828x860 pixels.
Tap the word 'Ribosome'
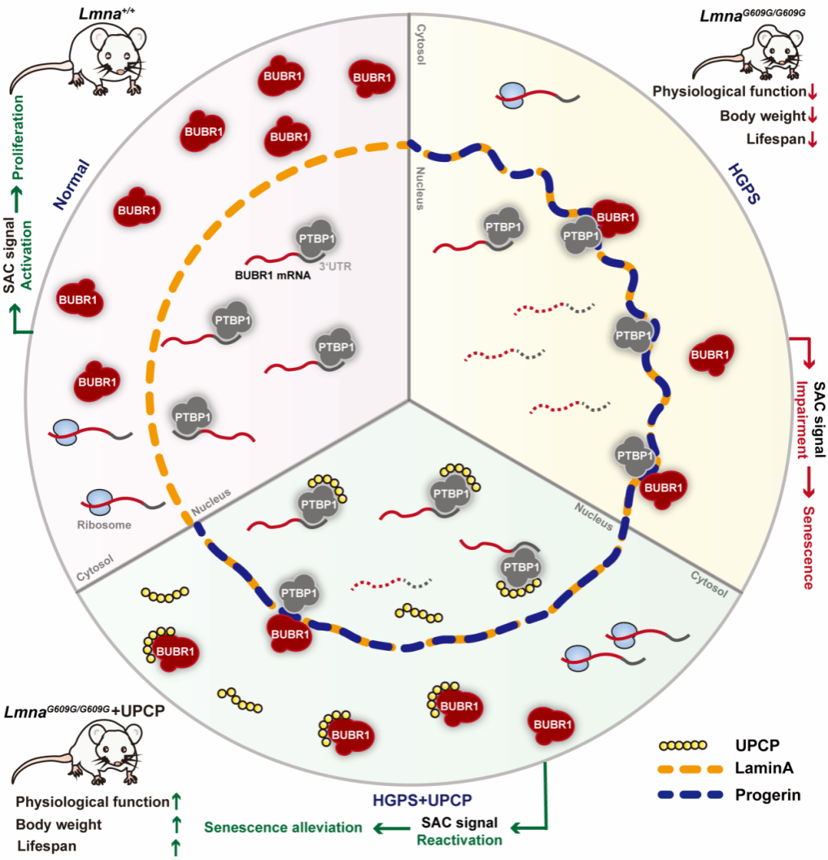point(104,525)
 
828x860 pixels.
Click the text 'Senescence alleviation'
point(283,827)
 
